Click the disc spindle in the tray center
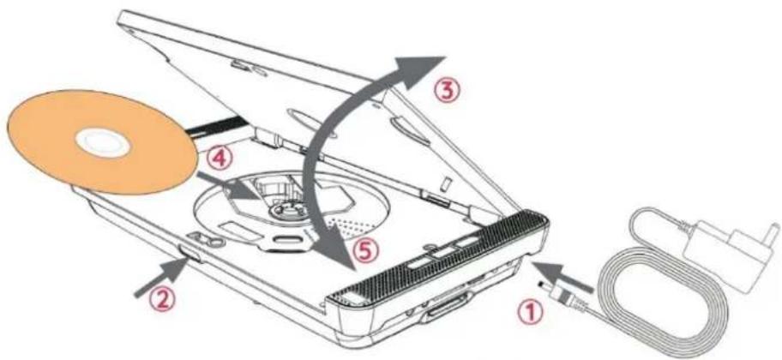(x=283, y=207)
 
